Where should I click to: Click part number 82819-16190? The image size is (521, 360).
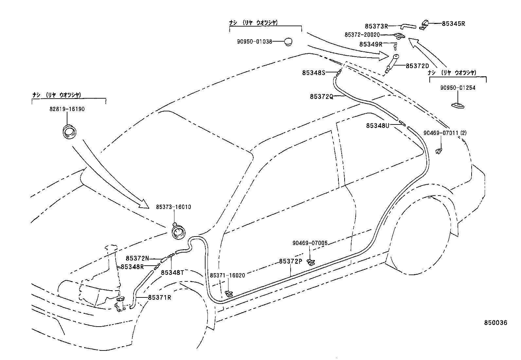point(67,109)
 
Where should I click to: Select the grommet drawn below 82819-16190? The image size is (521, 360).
point(69,132)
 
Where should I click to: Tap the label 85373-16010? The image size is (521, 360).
point(173,207)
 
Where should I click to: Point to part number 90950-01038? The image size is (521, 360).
point(255,42)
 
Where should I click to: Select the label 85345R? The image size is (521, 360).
point(453,24)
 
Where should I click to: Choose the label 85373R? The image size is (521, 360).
point(376,26)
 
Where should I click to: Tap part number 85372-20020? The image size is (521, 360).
point(362,35)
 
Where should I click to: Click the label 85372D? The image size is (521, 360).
point(417,66)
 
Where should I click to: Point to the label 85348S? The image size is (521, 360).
point(314,73)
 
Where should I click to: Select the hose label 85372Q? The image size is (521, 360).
point(321,97)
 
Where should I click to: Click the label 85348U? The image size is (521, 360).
point(377,125)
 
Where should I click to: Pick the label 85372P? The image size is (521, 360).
point(290,261)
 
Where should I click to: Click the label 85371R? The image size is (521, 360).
point(159,297)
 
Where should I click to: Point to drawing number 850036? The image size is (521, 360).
point(495,323)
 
